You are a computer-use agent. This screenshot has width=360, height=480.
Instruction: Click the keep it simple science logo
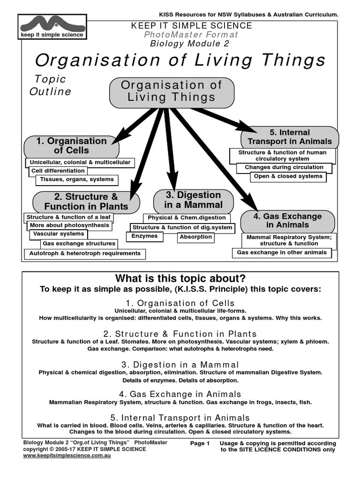pyautogui.click(x=52, y=27)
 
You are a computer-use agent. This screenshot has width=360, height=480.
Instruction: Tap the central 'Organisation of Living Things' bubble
pyautogui.click(x=172, y=91)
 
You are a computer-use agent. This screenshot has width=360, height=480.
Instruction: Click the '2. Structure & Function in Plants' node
pyautogui.click(x=86, y=202)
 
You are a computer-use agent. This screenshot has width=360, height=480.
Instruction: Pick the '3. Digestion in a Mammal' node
pyautogui.click(x=193, y=200)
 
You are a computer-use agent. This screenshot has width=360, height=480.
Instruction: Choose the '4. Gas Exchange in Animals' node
pyautogui.click(x=287, y=221)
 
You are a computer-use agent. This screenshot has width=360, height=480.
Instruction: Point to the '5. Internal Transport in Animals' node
pyautogui.click(x=289, y=137)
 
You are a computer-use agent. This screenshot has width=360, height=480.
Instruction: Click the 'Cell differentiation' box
pyautogui.click(x=58, y=171)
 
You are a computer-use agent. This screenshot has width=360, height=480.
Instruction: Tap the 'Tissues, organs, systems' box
pyautogui.click(x=77, y=180)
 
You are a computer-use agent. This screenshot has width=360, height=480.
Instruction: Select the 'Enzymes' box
pyautogui.click(x=144, y=236)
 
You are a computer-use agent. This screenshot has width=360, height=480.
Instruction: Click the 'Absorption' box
pyautogui.click(x=196, y=237)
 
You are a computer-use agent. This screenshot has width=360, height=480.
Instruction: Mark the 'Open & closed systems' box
pyautogui.click(x=288, y=177)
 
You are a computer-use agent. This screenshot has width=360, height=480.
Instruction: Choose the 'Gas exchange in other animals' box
pyautogui.click(x=282, y=253)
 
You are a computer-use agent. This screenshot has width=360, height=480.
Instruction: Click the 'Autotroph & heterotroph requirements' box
pyautogui.click(x=85, y=254)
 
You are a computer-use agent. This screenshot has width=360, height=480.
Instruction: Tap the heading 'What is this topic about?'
pyautogui.click(x=180, y=278)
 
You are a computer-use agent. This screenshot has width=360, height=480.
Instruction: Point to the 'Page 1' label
pyautogui.click(x=200, y=443)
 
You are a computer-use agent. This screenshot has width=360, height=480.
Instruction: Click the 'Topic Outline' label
pyautogui.click(x=50, y=85)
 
